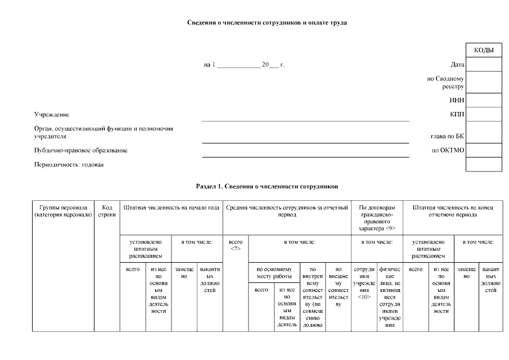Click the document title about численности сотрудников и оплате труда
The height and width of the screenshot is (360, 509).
267,23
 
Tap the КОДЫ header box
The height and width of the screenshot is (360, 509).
484,51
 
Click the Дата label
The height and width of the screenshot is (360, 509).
457,65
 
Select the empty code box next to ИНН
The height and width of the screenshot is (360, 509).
484,100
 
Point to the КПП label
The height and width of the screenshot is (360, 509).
457,114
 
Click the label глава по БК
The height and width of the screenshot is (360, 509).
447,136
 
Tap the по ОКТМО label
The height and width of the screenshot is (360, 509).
448,150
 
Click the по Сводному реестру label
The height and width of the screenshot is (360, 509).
445,83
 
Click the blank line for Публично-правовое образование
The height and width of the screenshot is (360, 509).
305,156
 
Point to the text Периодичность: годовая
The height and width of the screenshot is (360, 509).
69,165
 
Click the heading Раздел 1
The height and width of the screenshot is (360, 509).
267,186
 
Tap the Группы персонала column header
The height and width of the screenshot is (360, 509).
62,211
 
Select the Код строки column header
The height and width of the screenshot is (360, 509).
106,211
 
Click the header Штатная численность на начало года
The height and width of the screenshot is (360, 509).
171,208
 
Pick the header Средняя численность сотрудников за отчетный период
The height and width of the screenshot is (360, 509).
287,211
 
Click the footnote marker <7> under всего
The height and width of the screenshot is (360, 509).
236,249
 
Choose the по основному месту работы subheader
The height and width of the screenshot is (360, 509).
274,272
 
